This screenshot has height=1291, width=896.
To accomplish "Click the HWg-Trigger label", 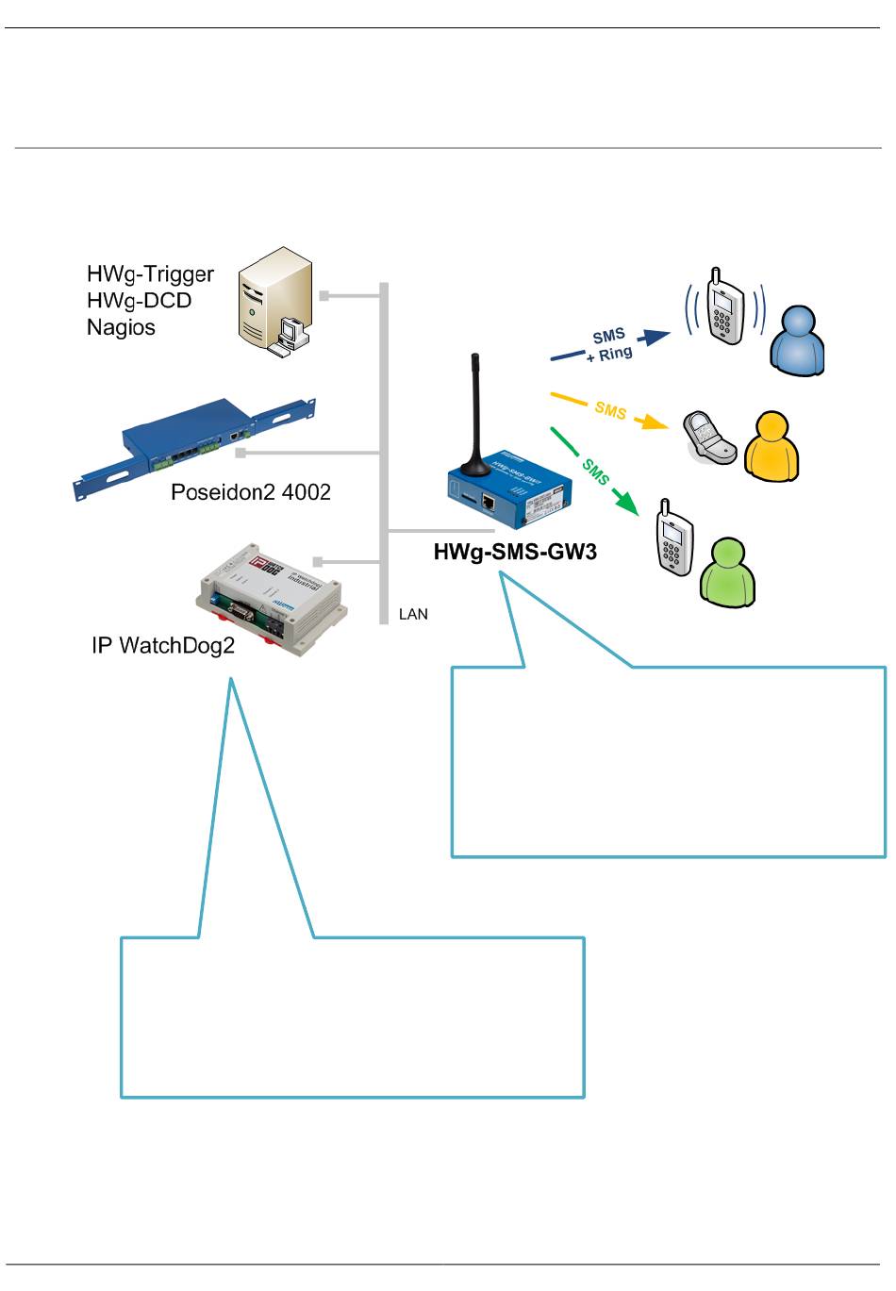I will [x=150, y=273].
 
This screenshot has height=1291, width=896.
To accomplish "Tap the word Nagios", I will [x=121, y=327].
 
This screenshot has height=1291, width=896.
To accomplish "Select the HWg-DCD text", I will [x=139, y=300].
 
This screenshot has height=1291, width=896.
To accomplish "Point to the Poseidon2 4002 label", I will [x=250, y=491].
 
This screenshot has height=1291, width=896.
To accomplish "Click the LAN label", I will [x=413, y=614].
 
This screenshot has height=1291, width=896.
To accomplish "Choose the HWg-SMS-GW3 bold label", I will [x=515, y=553].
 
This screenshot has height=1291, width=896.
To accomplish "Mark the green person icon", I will [x=728, y=571].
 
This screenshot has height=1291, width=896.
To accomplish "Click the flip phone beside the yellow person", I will [x=709, y=437].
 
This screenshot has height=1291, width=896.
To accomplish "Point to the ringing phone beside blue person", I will [x=725, y=308].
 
